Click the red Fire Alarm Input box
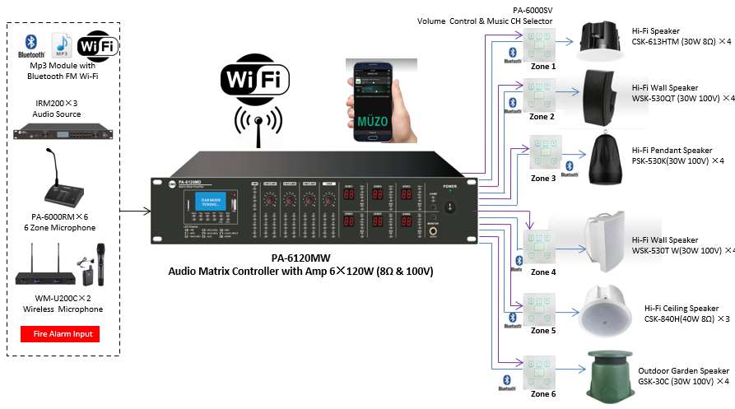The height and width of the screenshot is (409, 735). pos(59,334)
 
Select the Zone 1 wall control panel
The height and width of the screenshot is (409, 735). pos(540,45)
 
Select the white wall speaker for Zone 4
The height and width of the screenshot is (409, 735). pos(607,240)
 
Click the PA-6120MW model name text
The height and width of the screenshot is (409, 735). pos(300,258)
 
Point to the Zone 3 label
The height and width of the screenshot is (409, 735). pos(542,178)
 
